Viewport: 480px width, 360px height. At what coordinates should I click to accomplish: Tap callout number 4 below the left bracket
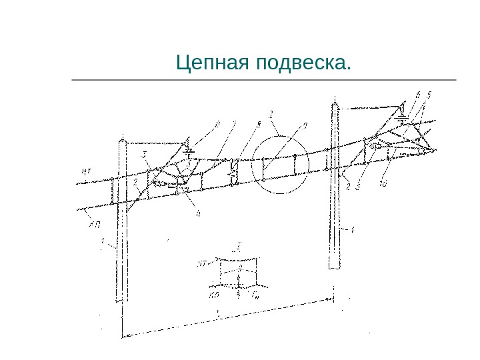point(197,213)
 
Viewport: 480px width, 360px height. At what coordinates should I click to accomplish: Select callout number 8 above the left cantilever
point(217,123)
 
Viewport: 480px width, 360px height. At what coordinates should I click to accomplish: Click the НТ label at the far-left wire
point(86,171)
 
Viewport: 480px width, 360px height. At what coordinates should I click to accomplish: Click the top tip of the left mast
point(123,137)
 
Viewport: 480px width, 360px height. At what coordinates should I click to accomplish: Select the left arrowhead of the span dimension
point(124,337)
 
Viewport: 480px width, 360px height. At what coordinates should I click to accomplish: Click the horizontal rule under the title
point(263,80)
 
